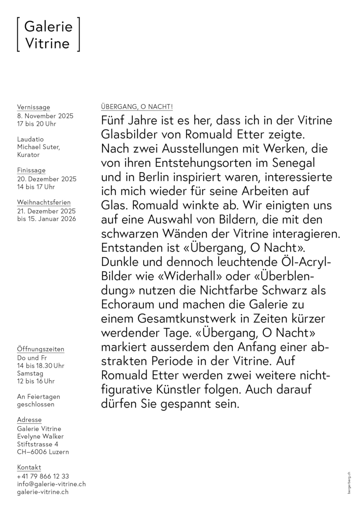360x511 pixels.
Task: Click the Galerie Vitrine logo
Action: coord(48,35)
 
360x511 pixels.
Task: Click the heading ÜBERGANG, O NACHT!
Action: coord(137,107)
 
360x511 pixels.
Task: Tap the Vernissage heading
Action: coord(33,107)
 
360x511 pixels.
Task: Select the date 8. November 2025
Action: coord(45,116)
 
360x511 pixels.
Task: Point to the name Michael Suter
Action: coord(38,147)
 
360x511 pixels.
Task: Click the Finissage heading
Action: coord(31,170)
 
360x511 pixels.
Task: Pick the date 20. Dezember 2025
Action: coord(47,179)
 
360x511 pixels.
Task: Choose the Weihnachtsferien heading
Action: coord(44,202)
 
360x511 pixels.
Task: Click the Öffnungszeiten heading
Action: coord(40,349)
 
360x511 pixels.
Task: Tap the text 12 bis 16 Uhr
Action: coord(35,381)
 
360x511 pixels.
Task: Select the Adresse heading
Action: coord(29,420)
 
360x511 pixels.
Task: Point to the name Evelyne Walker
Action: coord(40,436)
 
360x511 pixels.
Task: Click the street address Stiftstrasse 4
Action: coord(37,444)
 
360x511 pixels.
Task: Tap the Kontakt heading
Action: coord(29,467)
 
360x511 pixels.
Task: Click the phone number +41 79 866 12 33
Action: coord(43,476)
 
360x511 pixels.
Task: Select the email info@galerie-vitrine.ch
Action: coord(51,484)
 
